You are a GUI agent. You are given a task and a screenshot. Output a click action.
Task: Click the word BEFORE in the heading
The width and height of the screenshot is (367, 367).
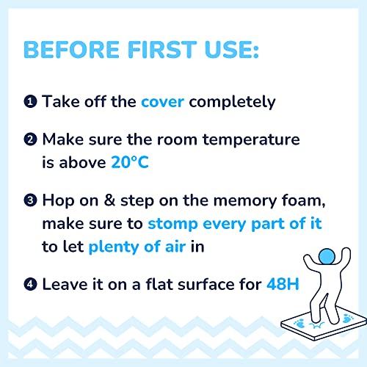click(x=71, y=50)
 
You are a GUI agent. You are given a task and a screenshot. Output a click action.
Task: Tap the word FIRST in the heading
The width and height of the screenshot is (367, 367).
click(x=162, y=50)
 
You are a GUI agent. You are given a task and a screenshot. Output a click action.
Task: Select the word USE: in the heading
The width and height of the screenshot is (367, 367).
click(x=231, y=50)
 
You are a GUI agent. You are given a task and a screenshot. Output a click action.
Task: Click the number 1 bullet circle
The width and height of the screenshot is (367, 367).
click(x=30, y=101)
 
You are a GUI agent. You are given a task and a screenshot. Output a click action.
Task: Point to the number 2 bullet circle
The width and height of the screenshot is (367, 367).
click(x=30, y=139)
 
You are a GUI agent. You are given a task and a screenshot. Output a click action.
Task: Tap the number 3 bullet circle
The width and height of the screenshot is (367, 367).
click(x=30, y=200)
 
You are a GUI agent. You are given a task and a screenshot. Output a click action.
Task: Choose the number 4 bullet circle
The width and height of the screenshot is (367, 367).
click(x=30, y=284)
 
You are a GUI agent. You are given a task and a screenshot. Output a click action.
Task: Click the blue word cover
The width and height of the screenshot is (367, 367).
click(x=162, y=102)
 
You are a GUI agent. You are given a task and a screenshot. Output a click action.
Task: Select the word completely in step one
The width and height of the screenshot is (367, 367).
click(x=232, y=102)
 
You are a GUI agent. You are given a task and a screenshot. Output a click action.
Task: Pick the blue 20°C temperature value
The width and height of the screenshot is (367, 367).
click(x=130, y=162)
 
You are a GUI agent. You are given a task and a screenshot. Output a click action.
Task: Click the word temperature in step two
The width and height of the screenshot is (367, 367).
click(x=251, y=140)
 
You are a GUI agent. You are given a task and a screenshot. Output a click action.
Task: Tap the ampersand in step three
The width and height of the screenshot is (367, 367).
click(x=109, y=200)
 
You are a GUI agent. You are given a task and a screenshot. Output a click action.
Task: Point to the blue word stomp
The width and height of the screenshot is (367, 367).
click(x=172, y=224)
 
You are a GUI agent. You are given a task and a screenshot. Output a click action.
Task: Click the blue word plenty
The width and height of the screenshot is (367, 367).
click(x=114, y=247)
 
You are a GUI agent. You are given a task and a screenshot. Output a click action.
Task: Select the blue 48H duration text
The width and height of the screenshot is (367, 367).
click(x=283, y=284)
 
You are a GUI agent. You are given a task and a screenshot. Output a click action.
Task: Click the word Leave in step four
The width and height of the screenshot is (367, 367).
click(x=65, y=284)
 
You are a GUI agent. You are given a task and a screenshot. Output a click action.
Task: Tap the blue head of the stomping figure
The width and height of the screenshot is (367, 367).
click(x=327, y=257)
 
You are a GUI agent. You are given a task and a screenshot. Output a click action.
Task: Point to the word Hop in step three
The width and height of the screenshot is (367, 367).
click(x=58, y=201)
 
